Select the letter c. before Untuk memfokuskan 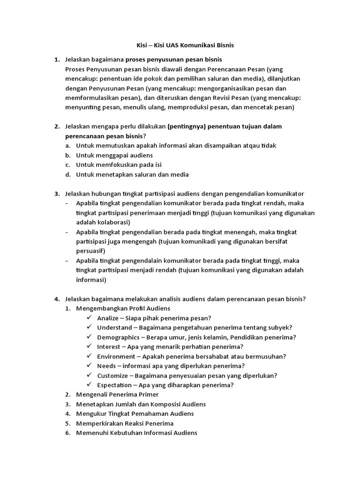tap(68, 165)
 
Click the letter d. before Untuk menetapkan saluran tap(68, 174)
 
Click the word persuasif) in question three tap(90, 251)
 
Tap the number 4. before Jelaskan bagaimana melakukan tap(57, 299)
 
